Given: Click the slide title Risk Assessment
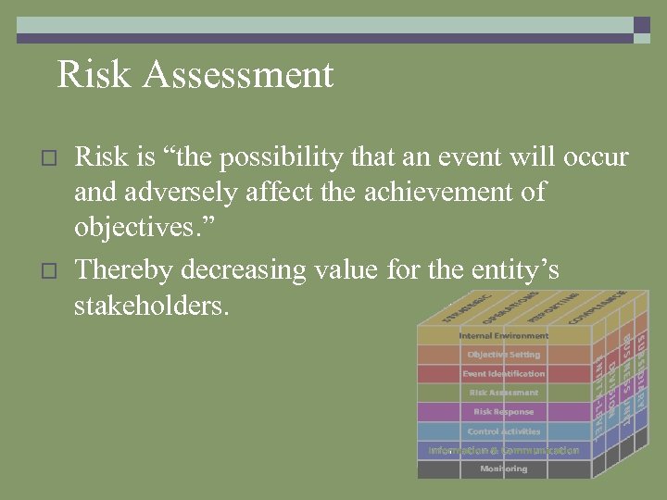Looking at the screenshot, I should click(195, 75).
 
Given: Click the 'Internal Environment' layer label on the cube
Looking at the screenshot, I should click(503, 335).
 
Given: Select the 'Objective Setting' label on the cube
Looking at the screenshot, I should click(503, 355).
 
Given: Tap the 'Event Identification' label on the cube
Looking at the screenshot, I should click(503, 374).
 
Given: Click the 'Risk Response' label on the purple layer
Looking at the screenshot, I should click(503, 412).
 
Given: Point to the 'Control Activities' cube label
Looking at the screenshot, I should click(503, 431).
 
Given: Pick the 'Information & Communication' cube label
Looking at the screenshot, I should click(503, 451).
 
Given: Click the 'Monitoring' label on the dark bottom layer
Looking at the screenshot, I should click(503, 469).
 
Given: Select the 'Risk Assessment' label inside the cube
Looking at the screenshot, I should click(503, 393).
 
